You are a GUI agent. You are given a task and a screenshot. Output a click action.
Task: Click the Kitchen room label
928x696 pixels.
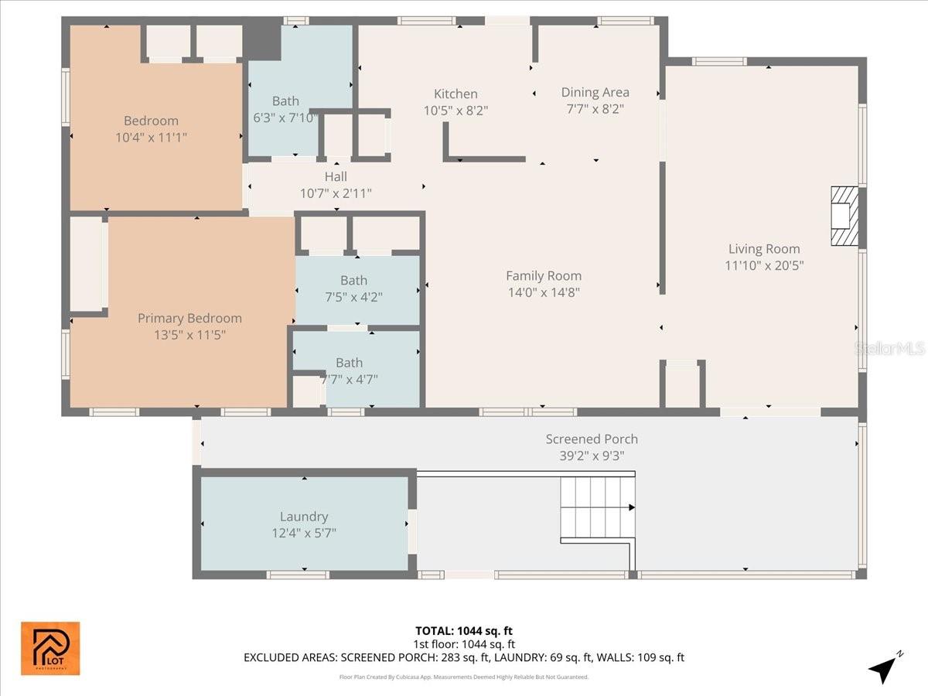coord(455,94)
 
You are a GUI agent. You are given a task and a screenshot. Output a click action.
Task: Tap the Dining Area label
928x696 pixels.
coord(595,93)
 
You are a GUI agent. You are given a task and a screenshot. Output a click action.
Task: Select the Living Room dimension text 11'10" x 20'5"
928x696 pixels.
coord(763,265)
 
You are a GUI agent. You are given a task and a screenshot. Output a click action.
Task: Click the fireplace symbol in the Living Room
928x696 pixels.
coord(844,216)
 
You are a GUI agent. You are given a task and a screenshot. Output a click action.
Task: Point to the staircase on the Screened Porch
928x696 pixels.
coord(596,508)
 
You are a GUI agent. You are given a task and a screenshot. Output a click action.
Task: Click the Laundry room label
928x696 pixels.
coord(304,517)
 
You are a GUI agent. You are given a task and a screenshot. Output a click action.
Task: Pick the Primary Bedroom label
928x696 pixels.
coord(189,318)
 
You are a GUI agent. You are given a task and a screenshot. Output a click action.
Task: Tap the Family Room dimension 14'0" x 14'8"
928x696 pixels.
coord(543,292)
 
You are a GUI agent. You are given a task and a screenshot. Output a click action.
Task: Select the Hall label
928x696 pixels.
coord(336,177)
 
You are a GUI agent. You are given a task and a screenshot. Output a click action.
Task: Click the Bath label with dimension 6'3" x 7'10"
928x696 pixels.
coord(285,101)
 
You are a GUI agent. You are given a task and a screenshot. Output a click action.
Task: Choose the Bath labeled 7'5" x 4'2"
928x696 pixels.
coord(353,281)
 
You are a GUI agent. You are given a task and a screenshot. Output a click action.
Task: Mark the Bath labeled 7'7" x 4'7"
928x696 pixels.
coord(349,363)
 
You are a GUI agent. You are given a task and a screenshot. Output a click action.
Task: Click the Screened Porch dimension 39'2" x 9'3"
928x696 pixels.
coord(592,455)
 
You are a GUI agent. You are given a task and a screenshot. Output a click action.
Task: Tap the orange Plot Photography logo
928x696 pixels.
coord(50,648)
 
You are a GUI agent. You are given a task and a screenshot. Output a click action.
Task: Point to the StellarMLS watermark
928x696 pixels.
coord(889,349)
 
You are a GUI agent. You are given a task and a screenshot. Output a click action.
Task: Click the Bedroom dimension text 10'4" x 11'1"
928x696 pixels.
coord(151,137)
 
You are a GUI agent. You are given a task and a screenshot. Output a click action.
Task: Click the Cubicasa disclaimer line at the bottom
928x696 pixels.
coord(464,677)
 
